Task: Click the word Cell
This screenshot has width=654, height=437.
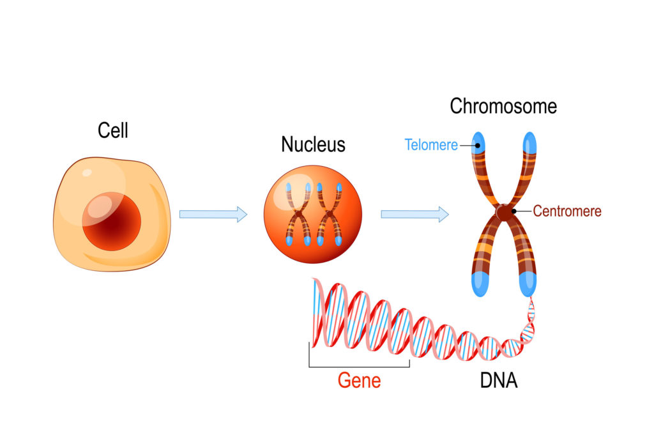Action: click(x=113, y=130)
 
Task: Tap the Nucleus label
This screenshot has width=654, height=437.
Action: click(x=313, y=144)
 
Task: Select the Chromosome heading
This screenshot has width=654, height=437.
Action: click(x=503, y=105)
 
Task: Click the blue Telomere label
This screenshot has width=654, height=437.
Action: click(x=431, y=145)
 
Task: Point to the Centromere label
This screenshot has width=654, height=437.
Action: click(x=567, y=211)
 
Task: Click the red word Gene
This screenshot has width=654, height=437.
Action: click(x=359, y=381)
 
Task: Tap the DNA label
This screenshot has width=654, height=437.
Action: click(x=498, y=381)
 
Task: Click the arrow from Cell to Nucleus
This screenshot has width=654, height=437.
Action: click(x=213, y=214)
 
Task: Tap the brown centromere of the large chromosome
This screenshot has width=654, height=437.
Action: click(x=505, y=212)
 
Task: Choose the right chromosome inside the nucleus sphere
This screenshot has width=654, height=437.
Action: click(x=329, y=215)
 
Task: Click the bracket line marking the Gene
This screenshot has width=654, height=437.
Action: click(x=359, y=367)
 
